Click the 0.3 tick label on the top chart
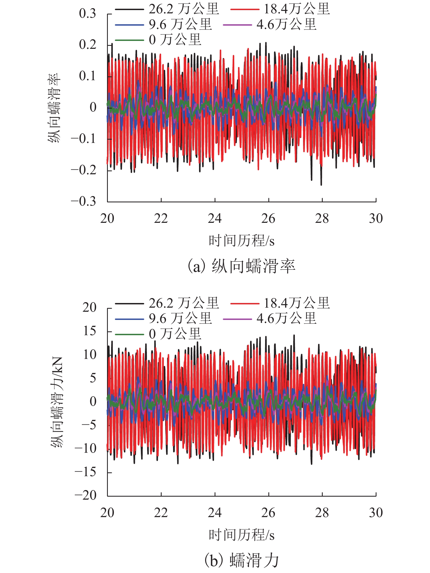(x=87, y=14)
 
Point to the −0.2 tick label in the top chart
(x=84, y=170)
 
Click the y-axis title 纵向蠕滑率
(x=54, y=108)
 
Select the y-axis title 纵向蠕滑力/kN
(x=57, y=402)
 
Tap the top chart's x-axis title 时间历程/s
(x=241, y=241)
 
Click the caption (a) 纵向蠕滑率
(x=241, y=266)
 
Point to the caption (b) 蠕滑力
(x=241, y=560)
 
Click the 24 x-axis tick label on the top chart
(x=215, y=218)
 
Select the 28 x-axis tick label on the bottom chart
(x=322, y=512)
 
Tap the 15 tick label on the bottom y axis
(x=90, y=331)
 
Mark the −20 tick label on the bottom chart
(x=85, y=495)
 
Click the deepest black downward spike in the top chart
(x=321, y=184)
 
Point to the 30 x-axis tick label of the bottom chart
(x=376, y=512)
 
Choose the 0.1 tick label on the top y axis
(x=87, y=76)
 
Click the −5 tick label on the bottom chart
(x=89, y=425)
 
